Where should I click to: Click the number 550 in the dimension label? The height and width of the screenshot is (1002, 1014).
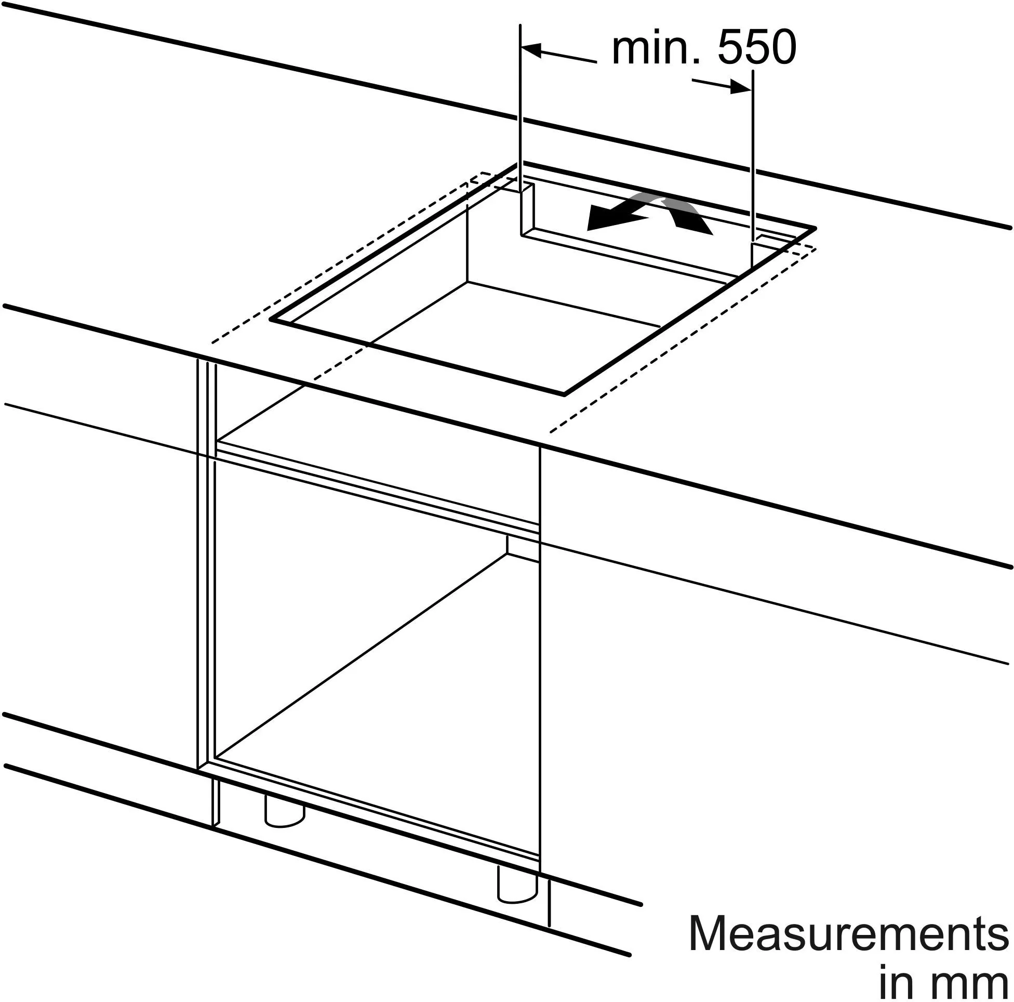coord(756,48)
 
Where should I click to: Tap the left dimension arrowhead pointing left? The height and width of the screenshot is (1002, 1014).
coord(530,50)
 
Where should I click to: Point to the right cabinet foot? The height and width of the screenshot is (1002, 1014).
coord(517,885)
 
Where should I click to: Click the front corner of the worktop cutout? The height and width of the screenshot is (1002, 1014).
coord(564,393)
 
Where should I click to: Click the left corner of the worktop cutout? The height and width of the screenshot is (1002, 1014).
coord(271,319)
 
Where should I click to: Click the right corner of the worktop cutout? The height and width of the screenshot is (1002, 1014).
coord(816,229)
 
